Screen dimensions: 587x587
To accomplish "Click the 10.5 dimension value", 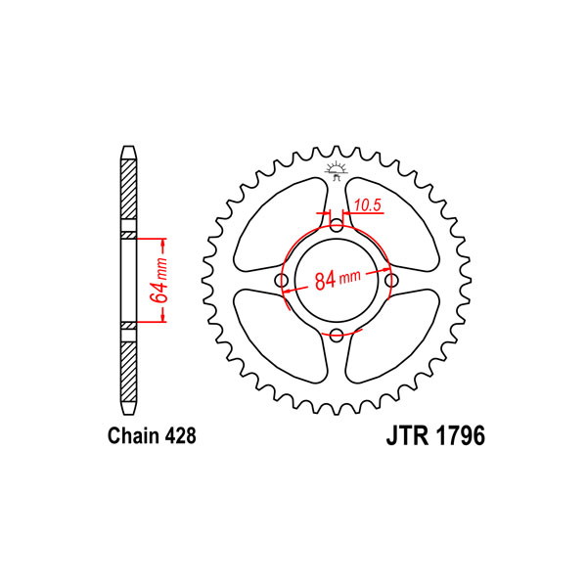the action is point(367,205).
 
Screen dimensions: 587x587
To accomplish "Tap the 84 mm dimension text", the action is point(338,279).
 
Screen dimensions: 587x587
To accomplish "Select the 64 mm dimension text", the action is point(158,281).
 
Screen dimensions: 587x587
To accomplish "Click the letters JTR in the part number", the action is point(408,435).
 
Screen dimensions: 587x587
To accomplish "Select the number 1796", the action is point(460,435).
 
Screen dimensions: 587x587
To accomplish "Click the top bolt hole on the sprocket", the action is point(337,225).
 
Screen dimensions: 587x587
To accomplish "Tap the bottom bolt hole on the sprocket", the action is point(337,336).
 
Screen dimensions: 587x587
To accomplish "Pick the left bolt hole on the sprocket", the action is point(282,281).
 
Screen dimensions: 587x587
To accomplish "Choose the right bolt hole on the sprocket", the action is point(391,281).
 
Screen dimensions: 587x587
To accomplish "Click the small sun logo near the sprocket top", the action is point(336,170).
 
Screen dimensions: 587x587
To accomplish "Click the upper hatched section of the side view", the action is point(128,190).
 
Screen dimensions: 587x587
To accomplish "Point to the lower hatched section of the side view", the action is point(128,372).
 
